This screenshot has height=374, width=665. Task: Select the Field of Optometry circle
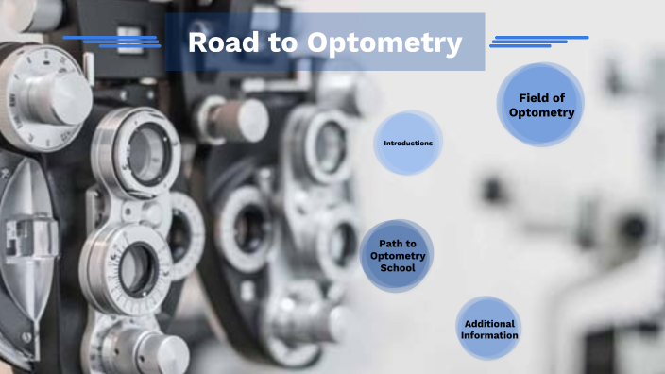(541, 105)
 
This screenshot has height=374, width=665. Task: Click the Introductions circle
(408, 143)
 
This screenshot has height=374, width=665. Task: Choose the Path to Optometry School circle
(398, 255)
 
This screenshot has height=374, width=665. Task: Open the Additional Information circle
(489, 329)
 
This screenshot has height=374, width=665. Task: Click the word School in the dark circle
(398, 268)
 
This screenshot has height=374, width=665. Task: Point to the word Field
(534, 98)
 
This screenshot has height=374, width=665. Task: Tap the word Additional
(489, 323)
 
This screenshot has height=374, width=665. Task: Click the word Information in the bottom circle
(489, 335)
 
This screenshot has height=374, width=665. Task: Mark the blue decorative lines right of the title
(538, 41)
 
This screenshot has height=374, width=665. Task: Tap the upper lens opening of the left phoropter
(146, 151)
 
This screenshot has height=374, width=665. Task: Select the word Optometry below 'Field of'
(541, 112)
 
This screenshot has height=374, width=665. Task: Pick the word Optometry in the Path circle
(398, 256)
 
